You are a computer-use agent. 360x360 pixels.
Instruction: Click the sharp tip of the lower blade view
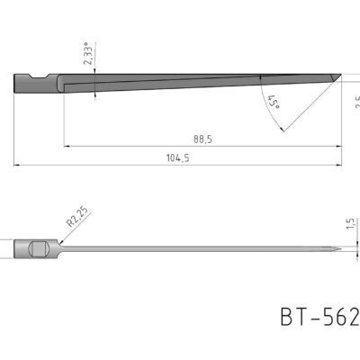(339, 248)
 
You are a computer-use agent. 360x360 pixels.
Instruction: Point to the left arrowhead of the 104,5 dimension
(17, 165)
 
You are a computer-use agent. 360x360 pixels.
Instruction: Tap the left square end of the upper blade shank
(16, 84)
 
